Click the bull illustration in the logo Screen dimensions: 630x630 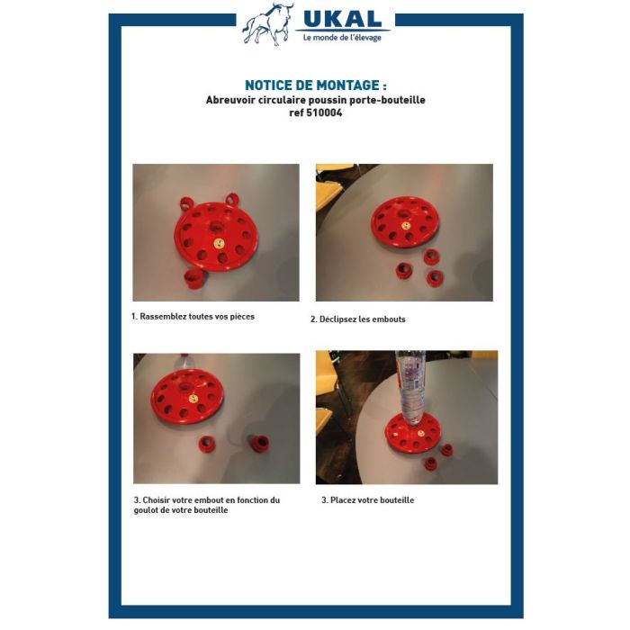point(267,24)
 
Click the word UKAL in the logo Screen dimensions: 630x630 point(342,19)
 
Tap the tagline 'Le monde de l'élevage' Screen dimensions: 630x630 point(342,38)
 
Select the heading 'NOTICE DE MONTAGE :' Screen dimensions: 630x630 point(315,85)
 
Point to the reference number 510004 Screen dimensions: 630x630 point(324,112)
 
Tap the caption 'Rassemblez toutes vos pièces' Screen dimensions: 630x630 point(197,317)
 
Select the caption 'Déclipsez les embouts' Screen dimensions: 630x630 point(363,319)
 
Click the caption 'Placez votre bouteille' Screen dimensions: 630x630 point(372,500)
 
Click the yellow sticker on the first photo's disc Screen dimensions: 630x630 point(219,244)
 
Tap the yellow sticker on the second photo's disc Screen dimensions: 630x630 point(406,226)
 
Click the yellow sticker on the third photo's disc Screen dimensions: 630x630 point(193,399)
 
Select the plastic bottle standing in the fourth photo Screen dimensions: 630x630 point(410,388)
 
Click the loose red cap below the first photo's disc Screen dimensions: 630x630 point(194,279)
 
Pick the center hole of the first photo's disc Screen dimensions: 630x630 point(217,228)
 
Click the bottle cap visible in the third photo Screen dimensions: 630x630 point(184,355)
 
